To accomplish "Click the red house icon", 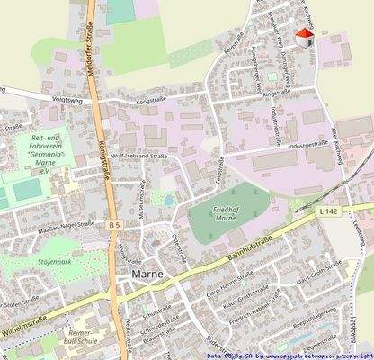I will [305, 36].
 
